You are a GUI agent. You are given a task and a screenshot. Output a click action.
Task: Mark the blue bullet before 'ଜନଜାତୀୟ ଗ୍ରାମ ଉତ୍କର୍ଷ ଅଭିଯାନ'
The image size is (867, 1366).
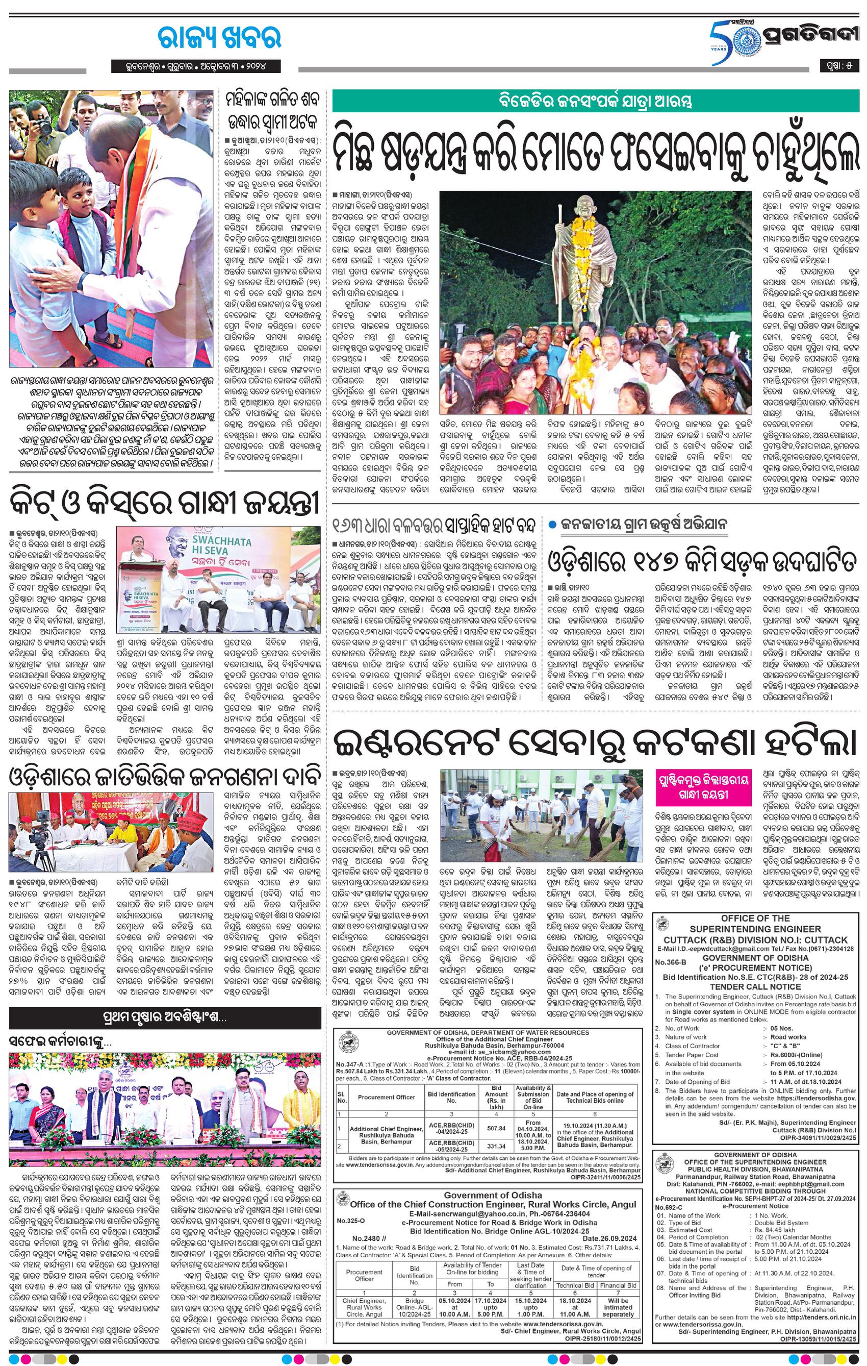[x=552, y=525]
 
